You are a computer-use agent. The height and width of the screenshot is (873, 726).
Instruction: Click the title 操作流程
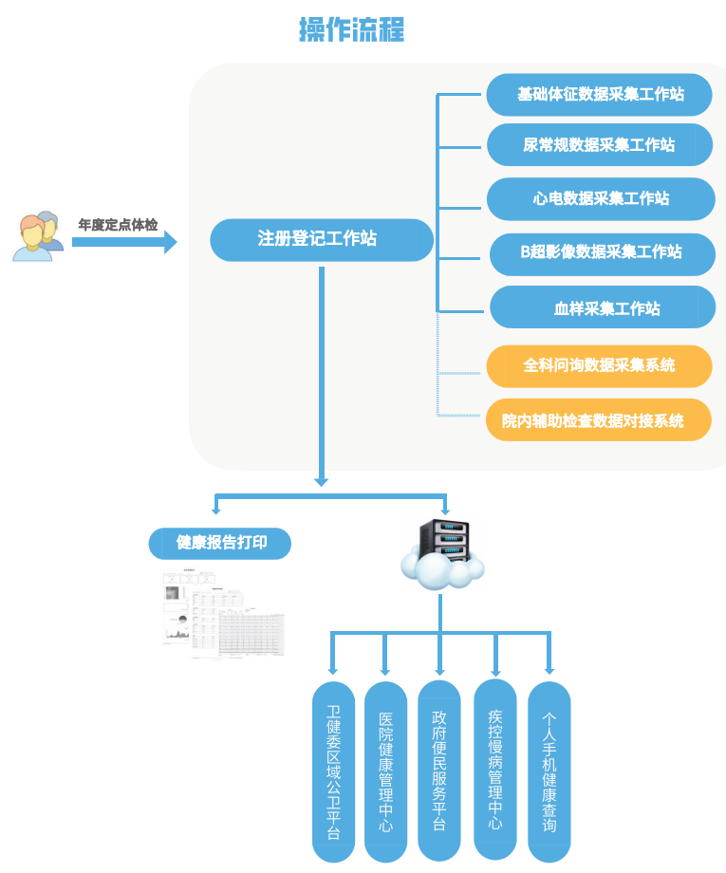click(x=351, y=29)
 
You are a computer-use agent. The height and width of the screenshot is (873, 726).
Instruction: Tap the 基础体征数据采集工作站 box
click(x=600, y=95)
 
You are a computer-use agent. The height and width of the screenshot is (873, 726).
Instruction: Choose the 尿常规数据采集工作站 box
click(x=600, y=145)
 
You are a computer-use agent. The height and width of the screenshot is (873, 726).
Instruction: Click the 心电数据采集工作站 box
click(x=600, y=198)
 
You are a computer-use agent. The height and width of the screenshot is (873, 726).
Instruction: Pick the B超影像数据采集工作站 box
click(x=602, y=253)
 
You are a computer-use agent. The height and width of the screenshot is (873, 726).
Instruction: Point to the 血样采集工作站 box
click(x=603, y=307)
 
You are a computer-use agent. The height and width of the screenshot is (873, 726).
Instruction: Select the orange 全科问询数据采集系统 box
click(x=599, y=365)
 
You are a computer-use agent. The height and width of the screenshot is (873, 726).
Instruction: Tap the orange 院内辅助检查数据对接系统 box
click(x=599, y=419)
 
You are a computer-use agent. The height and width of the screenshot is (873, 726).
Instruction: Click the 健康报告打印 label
click(x=220, y=544)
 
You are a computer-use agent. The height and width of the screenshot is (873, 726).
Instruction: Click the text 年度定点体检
click(x=118, y=225)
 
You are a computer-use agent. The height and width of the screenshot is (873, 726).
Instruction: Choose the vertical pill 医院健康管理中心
click(x=385, y=771)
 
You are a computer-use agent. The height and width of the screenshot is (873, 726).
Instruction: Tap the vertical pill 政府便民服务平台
click(x=439, y=770)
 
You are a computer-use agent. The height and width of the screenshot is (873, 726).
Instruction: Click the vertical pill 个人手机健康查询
click(x=549, y=771)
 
